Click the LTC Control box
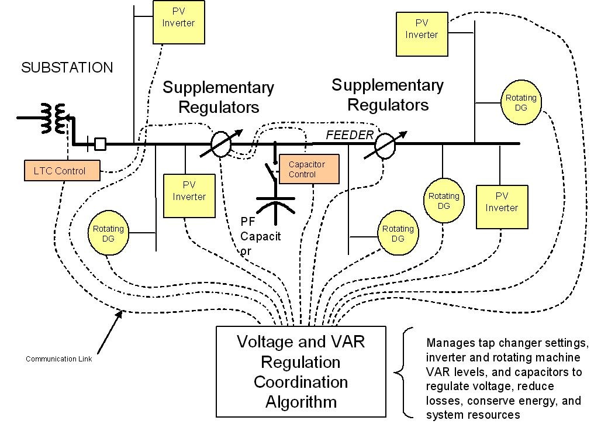click(x=62, y=171)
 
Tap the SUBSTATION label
click(x=67, y=68)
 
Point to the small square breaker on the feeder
click(x=100, y=144)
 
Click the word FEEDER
click(x=349, y=135)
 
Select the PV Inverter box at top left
click(x=178, y=22)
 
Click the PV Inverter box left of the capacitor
click(x=189, y=190)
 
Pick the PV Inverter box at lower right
click(x=502, y=206)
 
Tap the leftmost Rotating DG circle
click(x=108, y=233)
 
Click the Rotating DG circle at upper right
click(x=520, y=103)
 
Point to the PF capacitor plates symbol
click(x=276, y=202)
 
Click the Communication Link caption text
click(x=58, y=359)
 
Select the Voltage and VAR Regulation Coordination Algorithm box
click(x=300, y=371)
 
